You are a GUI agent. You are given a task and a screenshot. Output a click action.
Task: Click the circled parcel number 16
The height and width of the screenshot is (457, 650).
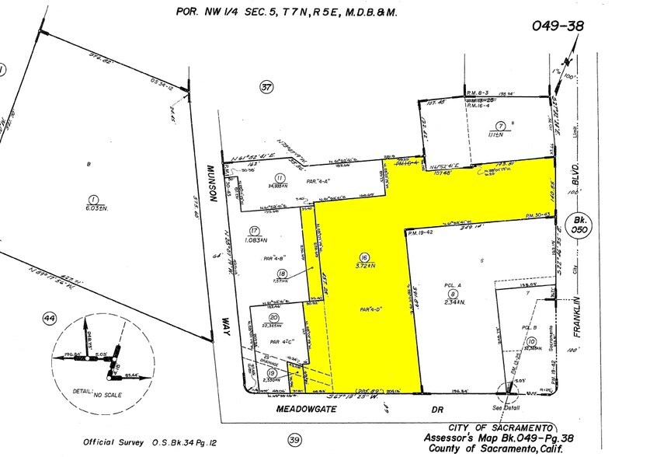[363, 256]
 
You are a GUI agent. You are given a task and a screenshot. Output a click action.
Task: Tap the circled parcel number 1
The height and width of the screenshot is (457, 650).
[95, 199]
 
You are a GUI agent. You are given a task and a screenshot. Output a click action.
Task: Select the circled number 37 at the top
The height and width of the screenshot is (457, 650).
[267, 88]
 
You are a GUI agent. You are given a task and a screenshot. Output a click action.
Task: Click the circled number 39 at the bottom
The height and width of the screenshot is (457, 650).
[294, 441]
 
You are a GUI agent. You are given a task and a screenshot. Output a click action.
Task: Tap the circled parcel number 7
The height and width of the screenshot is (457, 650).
[502, 126]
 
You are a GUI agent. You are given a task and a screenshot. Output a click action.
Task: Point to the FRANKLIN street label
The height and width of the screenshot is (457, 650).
[576, 327]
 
